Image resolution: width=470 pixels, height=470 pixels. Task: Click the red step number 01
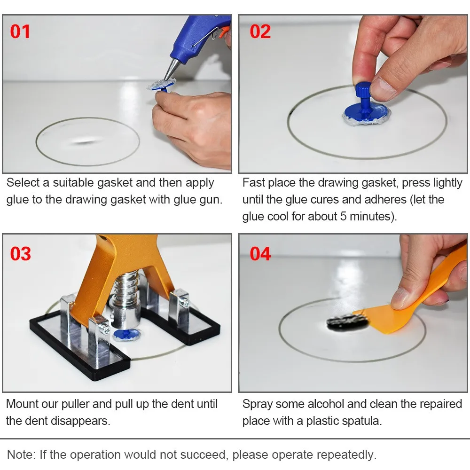(20, 31)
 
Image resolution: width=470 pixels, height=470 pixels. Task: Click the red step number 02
(260, 31)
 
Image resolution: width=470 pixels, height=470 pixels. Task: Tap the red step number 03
(20, 253)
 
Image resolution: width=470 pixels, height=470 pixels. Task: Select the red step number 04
(260, 253)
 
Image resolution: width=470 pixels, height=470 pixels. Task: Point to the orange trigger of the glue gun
(225, 32)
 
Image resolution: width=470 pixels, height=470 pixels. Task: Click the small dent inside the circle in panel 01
(85, 141)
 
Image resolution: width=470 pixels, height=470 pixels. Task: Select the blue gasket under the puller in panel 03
(127, 336)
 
